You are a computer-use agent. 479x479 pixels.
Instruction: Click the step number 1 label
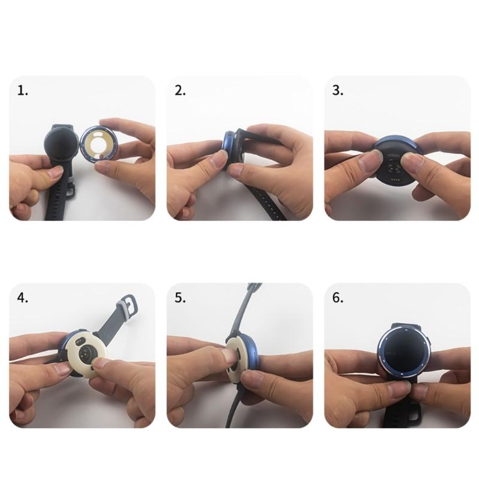click(23, 91)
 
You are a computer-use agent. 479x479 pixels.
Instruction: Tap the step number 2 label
click(180, 91)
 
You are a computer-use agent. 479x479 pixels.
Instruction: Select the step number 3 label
click(338, 91)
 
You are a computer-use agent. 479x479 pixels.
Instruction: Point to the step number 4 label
click(23, 298)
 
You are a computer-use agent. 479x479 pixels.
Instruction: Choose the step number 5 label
click(180, 298)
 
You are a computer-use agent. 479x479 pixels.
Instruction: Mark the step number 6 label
click(338, 298)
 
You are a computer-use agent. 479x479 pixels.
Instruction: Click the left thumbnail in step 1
click(56, 172)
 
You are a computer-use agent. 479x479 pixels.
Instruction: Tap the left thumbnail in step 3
click(371, 160)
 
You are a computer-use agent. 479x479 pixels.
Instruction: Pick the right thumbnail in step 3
click(413, 162)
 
